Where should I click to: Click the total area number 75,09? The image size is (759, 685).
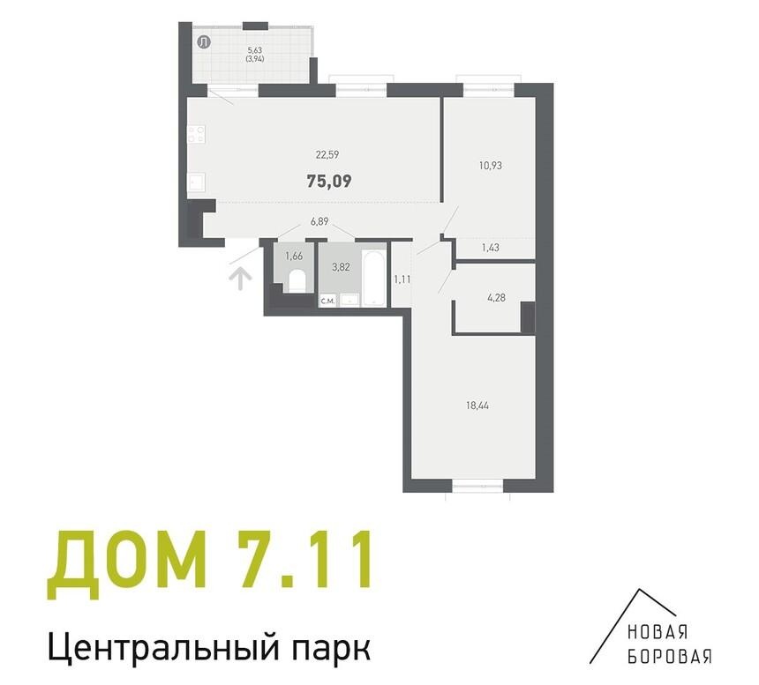[329, 182]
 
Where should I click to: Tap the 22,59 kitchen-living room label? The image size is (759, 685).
[327, 155]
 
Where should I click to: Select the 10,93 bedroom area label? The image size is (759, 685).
[491, 166]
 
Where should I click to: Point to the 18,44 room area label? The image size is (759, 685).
[477, 406]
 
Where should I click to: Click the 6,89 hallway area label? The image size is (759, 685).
[319, 222]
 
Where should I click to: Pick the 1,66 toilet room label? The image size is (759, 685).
[294, 257]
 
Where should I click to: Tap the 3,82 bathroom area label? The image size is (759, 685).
[341, 267]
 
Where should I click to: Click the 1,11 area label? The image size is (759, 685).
[402, 279]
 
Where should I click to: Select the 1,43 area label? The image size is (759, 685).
[491, 248]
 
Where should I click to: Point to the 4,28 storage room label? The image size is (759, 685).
[496, 298]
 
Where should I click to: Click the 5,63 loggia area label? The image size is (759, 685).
[254, 49]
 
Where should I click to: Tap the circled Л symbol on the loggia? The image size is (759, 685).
[204, 42]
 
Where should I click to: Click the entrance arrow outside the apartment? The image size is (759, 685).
[239, 279]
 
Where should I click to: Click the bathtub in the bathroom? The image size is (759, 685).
[374, 279]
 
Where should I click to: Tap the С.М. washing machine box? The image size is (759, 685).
[327, 301]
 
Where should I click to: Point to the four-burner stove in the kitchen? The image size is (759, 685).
[197, 134]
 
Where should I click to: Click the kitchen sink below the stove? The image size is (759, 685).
[197, 183]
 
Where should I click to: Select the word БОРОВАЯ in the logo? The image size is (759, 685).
[670, 656]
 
